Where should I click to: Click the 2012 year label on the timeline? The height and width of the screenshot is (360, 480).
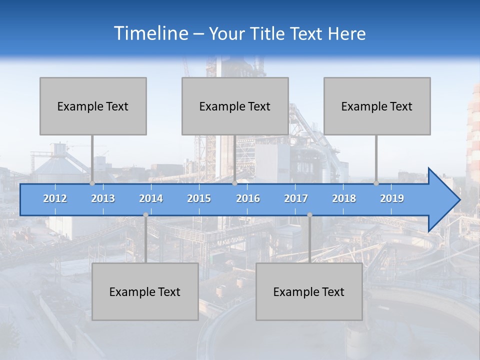[x=55, y=198]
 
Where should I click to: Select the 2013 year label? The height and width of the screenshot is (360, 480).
[x=103, y=198]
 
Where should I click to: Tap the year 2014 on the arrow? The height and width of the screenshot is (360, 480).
[x=151, y=198]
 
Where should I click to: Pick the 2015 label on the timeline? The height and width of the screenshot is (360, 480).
[x=199, y=198]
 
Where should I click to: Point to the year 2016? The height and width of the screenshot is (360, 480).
[x=248, y=198]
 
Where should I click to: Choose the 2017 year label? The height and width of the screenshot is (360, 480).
[x=296, y=198]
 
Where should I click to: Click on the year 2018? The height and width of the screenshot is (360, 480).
[x=344, y=198]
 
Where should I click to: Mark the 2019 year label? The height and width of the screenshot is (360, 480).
[x=392, y=198]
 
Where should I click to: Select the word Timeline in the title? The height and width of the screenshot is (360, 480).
[x=150, y=33]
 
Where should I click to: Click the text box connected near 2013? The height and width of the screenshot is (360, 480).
[x=93, y=106]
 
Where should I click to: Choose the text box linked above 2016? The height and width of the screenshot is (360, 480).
[x=235, y=106]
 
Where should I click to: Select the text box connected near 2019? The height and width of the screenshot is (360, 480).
[x=377, y=106]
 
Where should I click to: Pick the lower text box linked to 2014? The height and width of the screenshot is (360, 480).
[x=145, y=291]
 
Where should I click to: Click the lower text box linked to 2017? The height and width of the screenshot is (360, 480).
[x=309, y=291]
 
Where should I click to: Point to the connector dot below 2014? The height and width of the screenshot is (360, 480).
[x=145, y=215]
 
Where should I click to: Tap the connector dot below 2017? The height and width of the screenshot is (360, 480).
[x=309, y=215]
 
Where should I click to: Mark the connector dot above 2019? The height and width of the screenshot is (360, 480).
[x=376, y=183]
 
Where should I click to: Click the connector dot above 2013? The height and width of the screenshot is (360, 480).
[x=92, y=183]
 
